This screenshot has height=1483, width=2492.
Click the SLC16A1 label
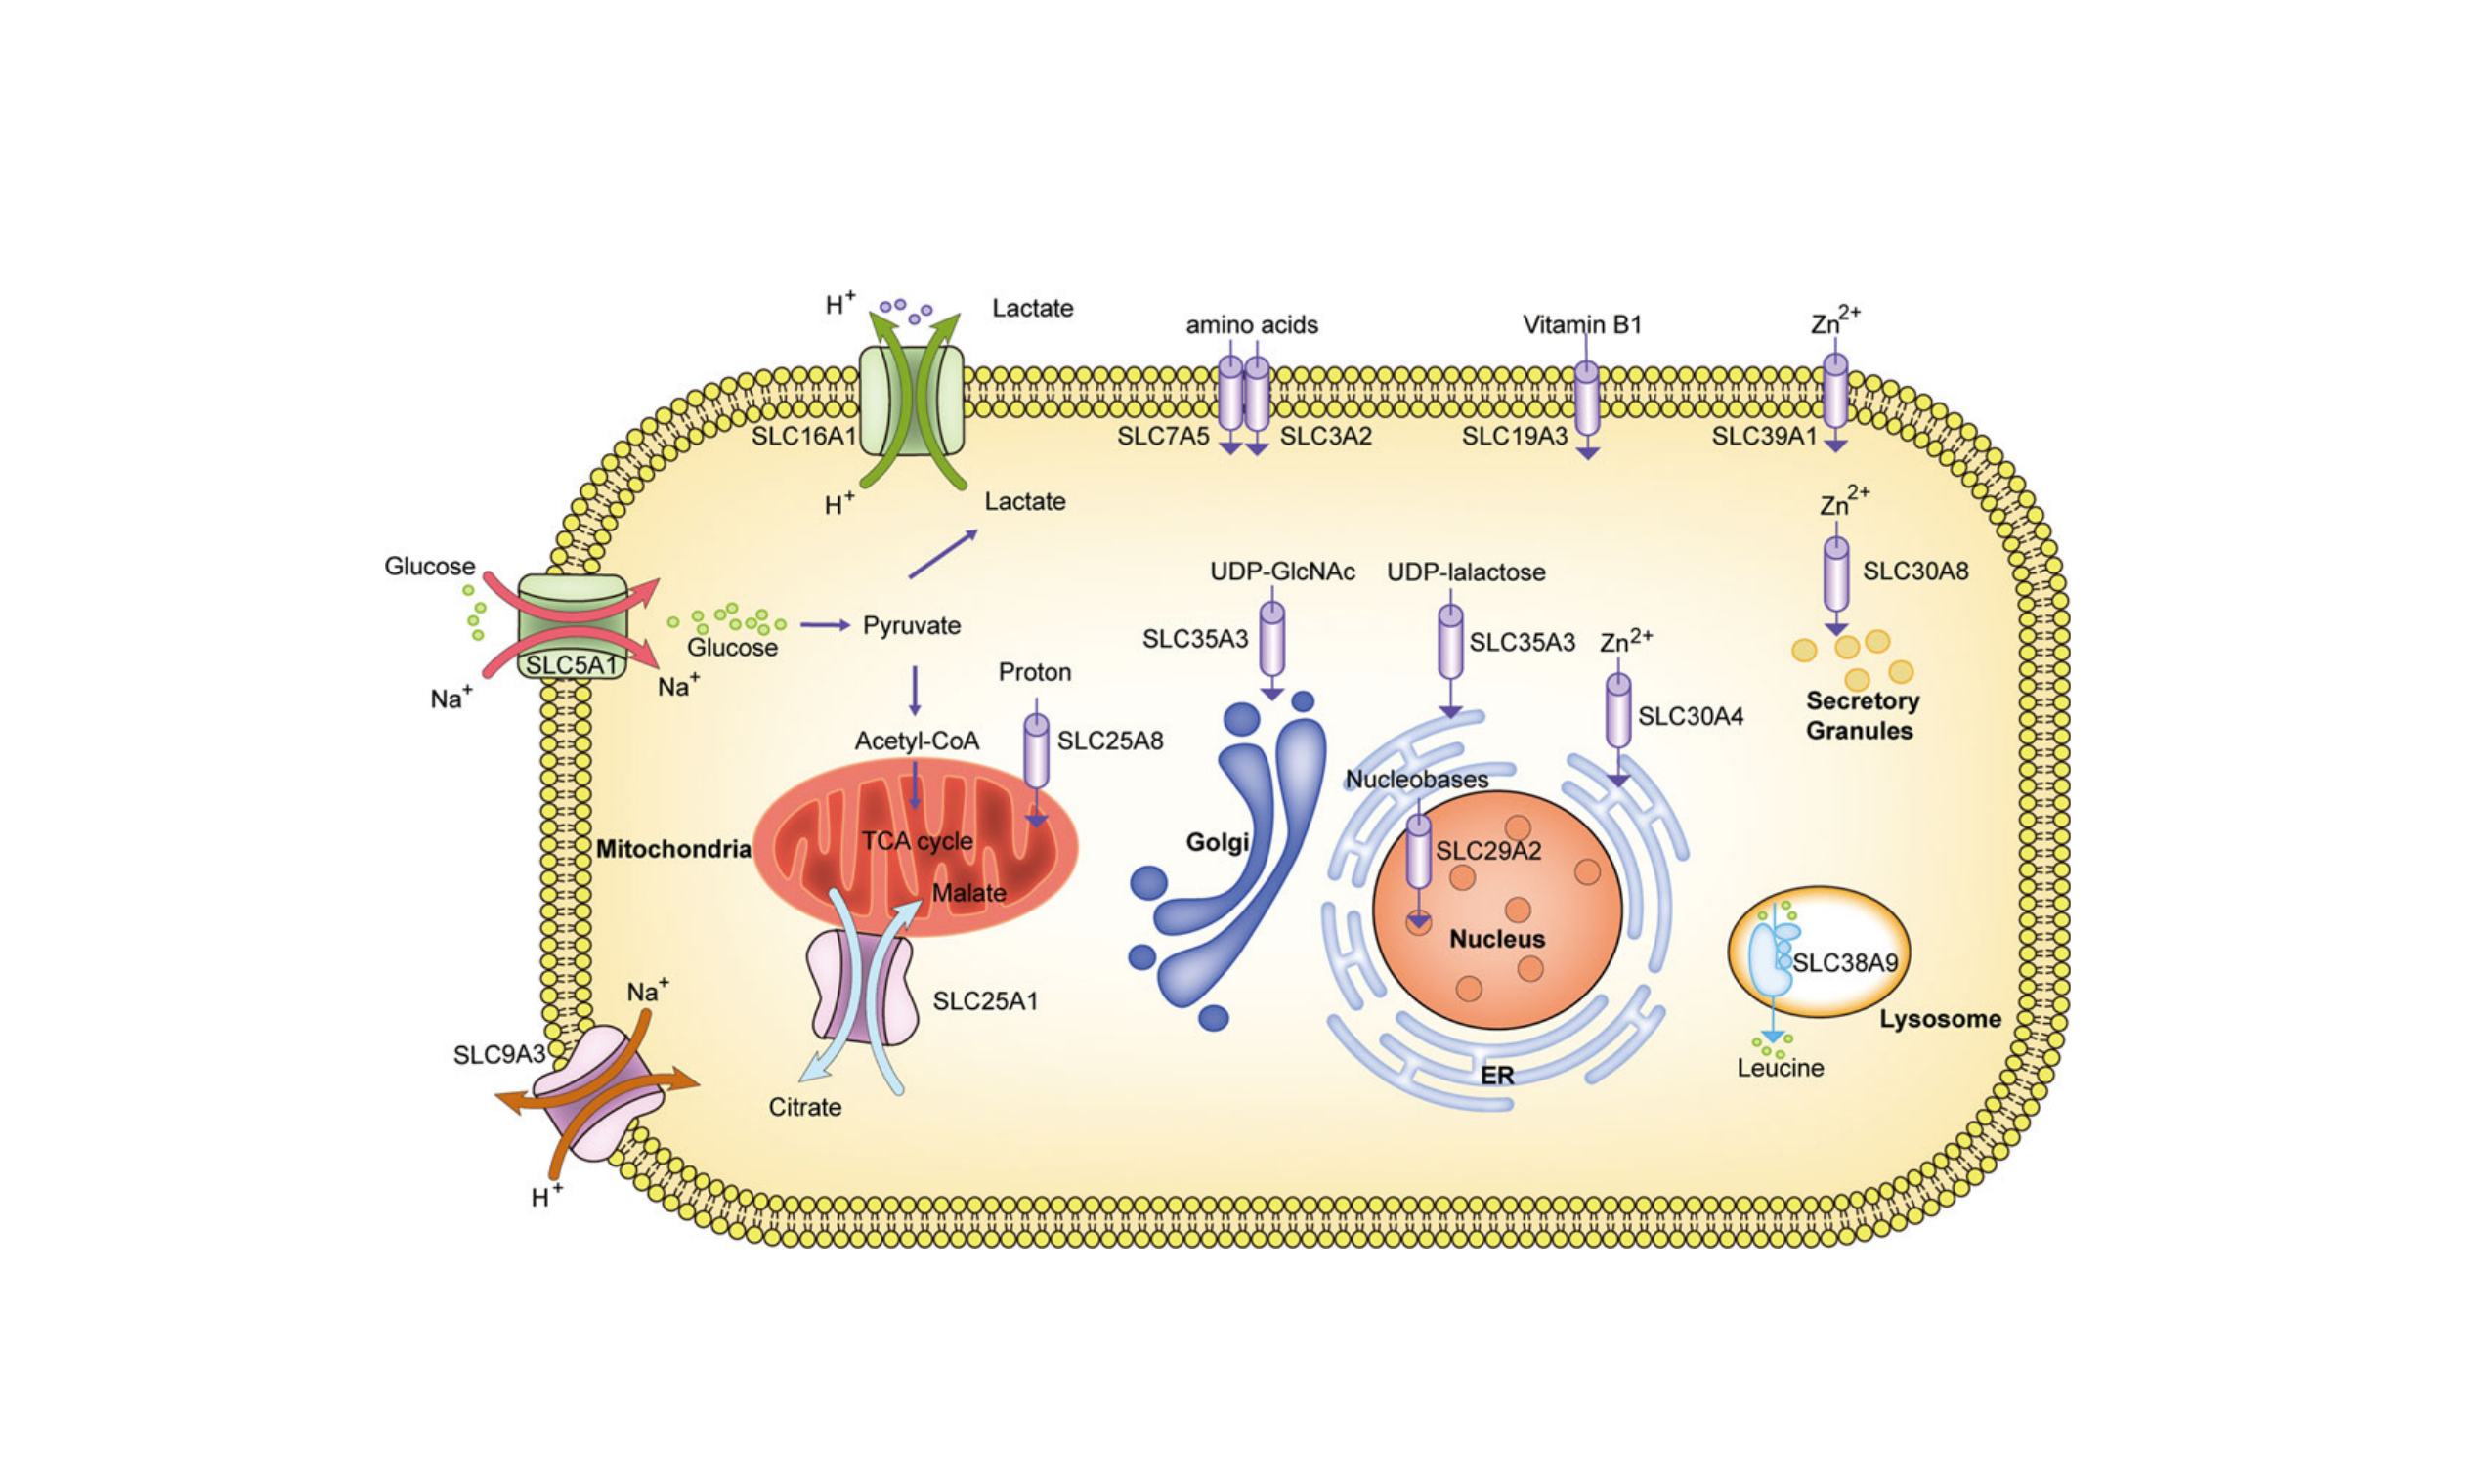[x=803, y=436]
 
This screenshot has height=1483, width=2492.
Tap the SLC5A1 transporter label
[x=571, y=664]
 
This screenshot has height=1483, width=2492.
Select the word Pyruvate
[x=911, y=625]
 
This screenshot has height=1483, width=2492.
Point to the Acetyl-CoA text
[x=916, y=741]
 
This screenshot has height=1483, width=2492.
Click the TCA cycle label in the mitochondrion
[x=917, y=840]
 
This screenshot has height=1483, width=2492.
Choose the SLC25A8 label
[x=1109, y=741]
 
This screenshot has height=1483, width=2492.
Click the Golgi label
[x=1217, y=842]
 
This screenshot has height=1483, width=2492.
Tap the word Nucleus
[x=1496, y=939]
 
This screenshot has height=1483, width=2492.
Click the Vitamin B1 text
[x=1581, y=324]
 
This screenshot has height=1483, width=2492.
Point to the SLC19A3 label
[x=1514, y=436]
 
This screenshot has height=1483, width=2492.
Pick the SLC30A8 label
[x=1914, y=571]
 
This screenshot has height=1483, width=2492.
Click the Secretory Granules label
[x=1862, y=715]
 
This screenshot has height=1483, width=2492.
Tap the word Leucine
[x=1780, y=1068]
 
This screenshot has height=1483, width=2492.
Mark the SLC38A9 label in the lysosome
[x=1844, y=962]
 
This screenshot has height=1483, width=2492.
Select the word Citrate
[x=804, y=1107]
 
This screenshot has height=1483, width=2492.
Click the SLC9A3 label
[x=498, y=1054]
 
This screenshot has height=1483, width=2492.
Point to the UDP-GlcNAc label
[x=1281, y=572]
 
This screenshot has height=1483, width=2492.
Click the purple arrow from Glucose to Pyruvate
[x=824, y=625]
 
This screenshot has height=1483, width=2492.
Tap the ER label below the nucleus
[x=1496, y=1076]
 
